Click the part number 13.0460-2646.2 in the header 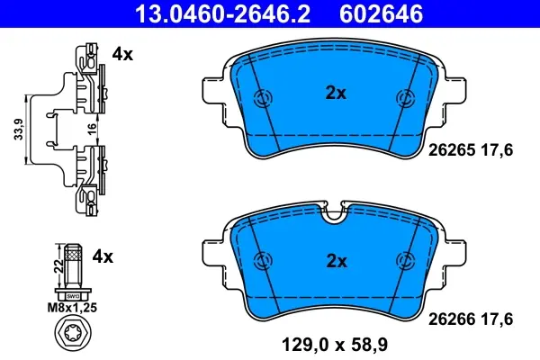(223, 13)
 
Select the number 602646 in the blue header (382, 13)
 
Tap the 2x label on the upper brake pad (336, 93)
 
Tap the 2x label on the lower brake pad (337, 262)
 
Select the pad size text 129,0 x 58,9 (335, 345)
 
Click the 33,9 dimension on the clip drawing (19, 130)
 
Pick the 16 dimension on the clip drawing (92, 130)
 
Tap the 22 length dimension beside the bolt (59, 266)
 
